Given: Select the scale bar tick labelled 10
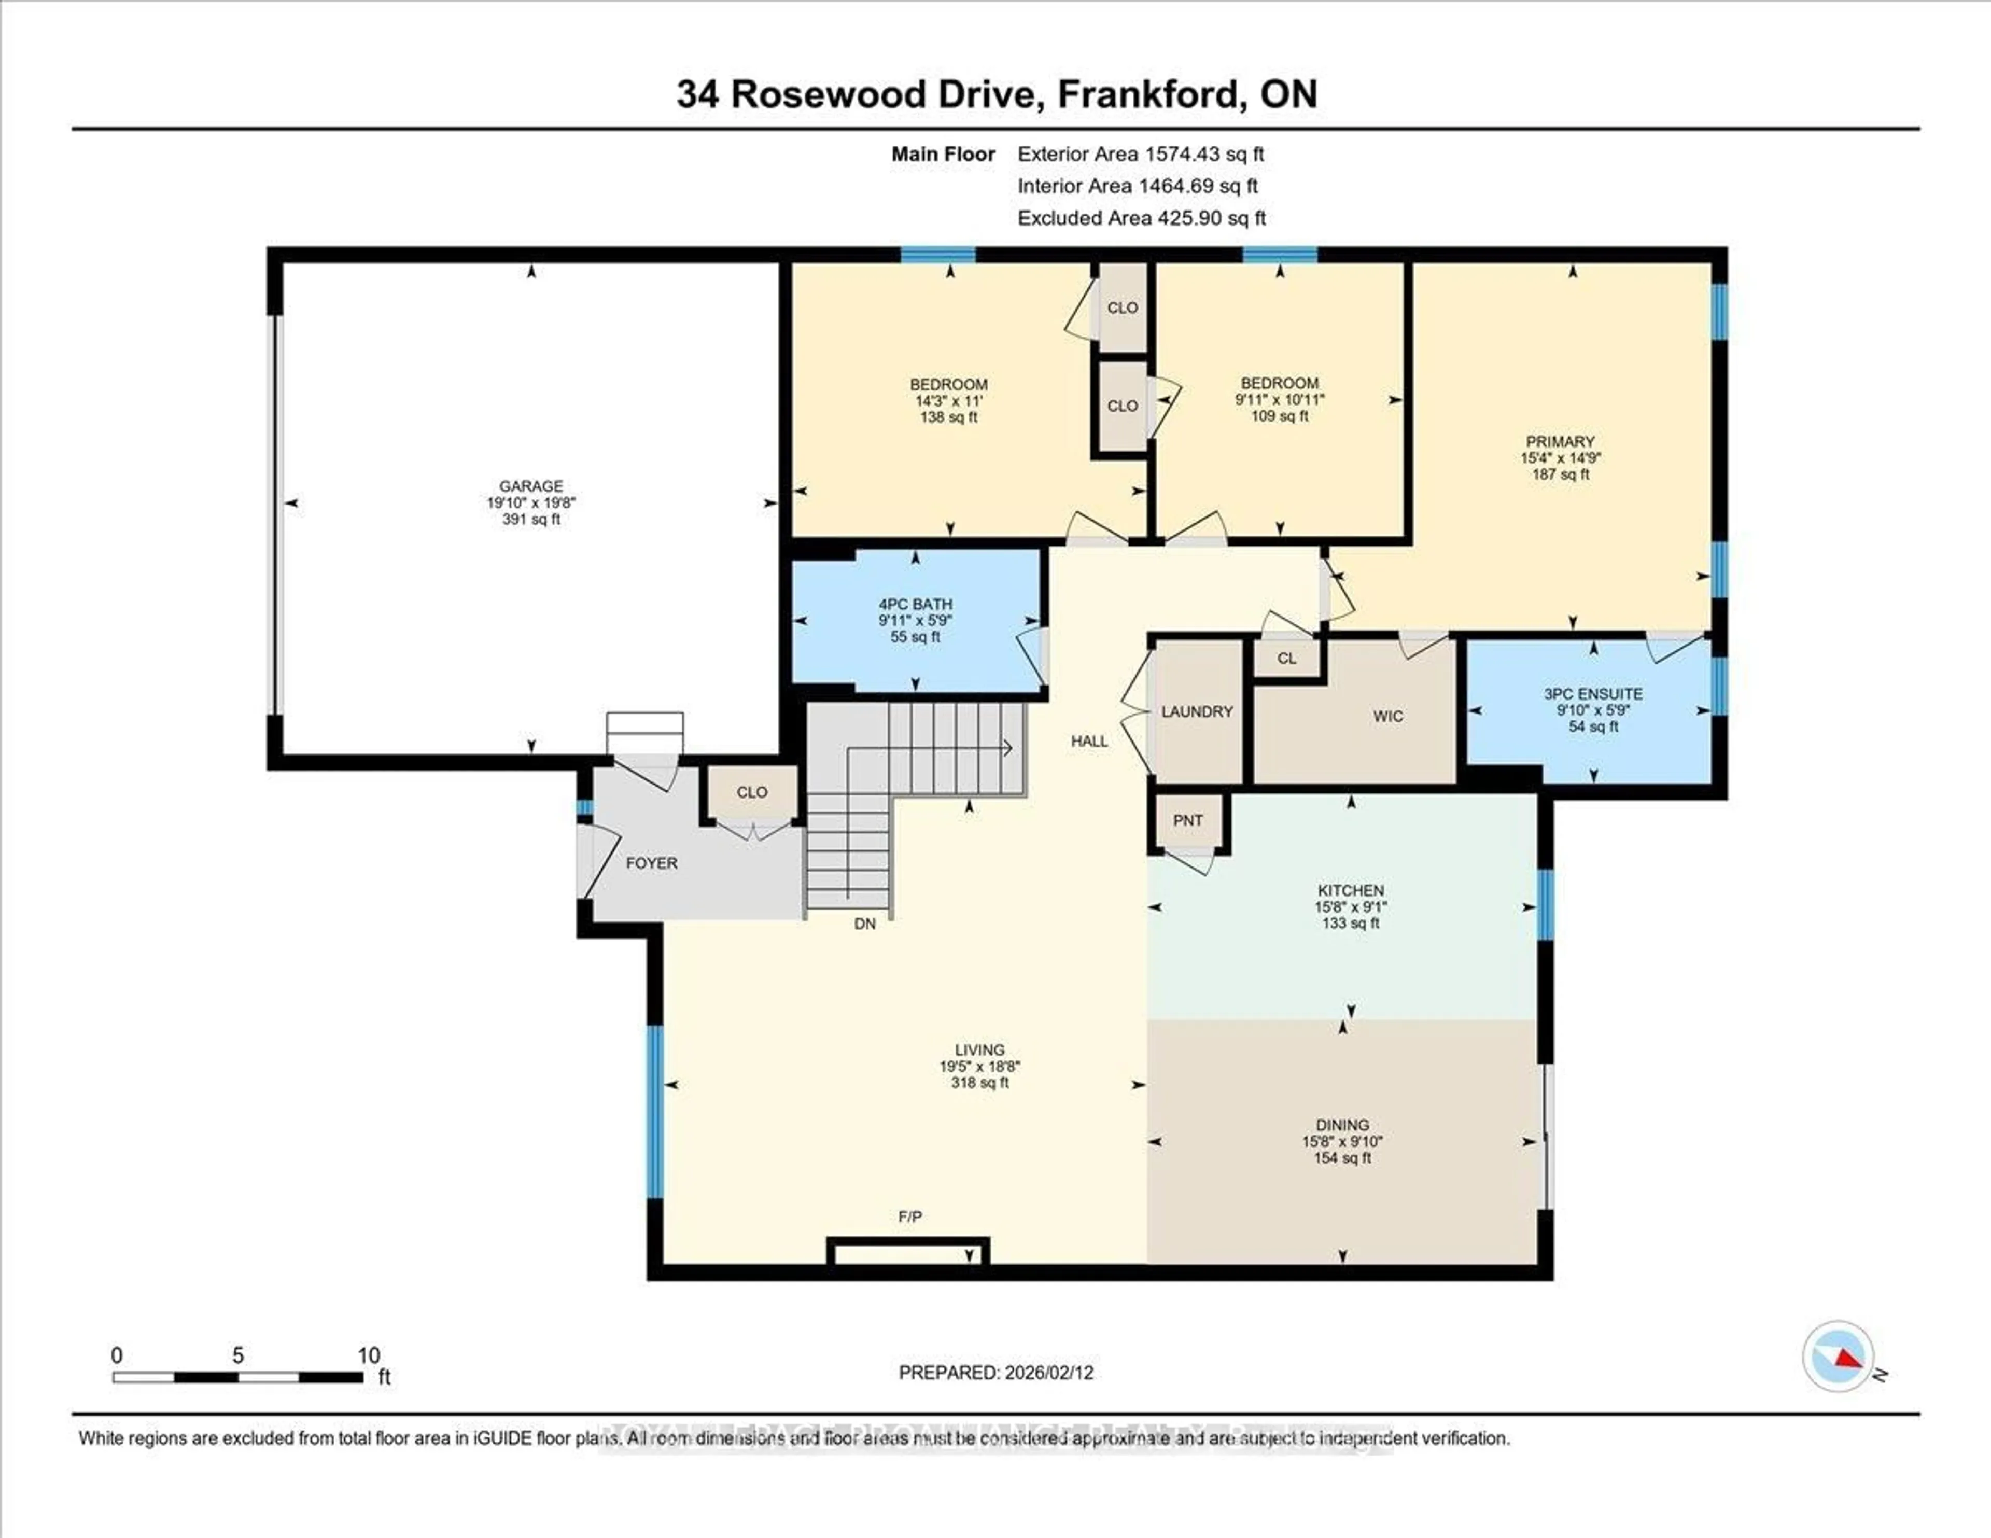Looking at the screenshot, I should pos(368,1355).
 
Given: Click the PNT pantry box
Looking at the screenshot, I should pos(1188,820).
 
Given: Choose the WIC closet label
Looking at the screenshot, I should pos(1387,717).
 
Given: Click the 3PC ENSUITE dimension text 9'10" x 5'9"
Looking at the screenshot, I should pos(1593,710).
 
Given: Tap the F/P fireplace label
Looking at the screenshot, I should pos(910,1217).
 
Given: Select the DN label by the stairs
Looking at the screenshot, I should pos(864,924).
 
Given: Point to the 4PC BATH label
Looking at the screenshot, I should pos(915,604).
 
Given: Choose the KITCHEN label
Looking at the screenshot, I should pos(1350,890).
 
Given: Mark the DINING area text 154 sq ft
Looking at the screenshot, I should pos(1342,1158).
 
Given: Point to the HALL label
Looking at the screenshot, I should pos(1089,741).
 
